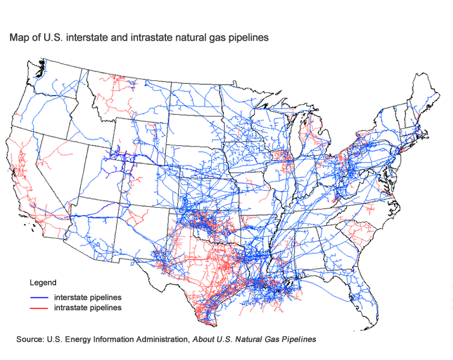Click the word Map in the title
18,38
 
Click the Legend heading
42,282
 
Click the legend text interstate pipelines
88,297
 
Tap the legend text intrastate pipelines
88,308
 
